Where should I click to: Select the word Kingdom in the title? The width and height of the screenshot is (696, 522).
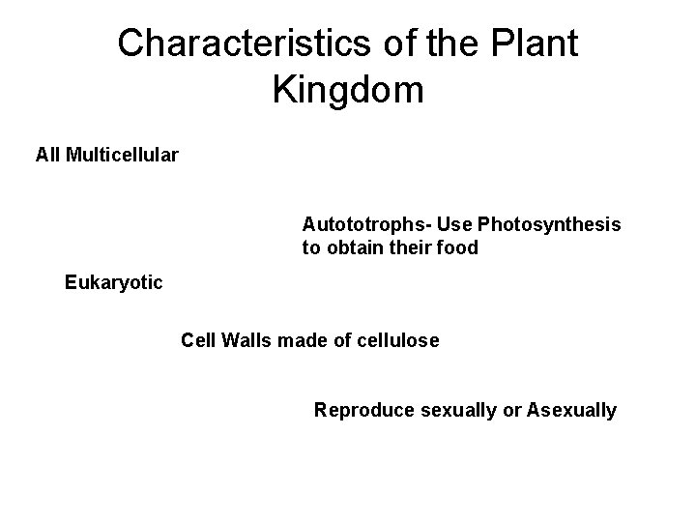tap(348, 91)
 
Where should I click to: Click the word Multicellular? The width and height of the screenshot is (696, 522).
tap(122, 155)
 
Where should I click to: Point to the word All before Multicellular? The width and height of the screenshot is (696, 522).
tap(48, 155)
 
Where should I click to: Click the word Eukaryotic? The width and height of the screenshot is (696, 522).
tap(114, 283)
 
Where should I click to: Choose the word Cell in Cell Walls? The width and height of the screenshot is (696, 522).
tap(198, 340)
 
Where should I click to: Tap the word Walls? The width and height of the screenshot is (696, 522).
tap(246, 340)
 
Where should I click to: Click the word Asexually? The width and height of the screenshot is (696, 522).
tap(571, 411)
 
